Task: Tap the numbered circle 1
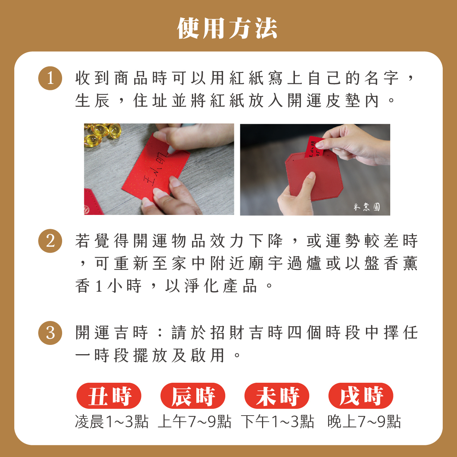tap(50, 78)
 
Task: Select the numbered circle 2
tap(50, 241)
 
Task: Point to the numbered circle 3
tap(50, 333)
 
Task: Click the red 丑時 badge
tap(109, 396)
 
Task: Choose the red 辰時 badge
tap(193, 396)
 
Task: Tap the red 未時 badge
tap(277, 396)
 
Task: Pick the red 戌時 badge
tap(361, 396)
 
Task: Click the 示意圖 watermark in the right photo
tap(367, 207)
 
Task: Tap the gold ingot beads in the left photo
tap(102, 134)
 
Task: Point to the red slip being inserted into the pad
tap(314, 147)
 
